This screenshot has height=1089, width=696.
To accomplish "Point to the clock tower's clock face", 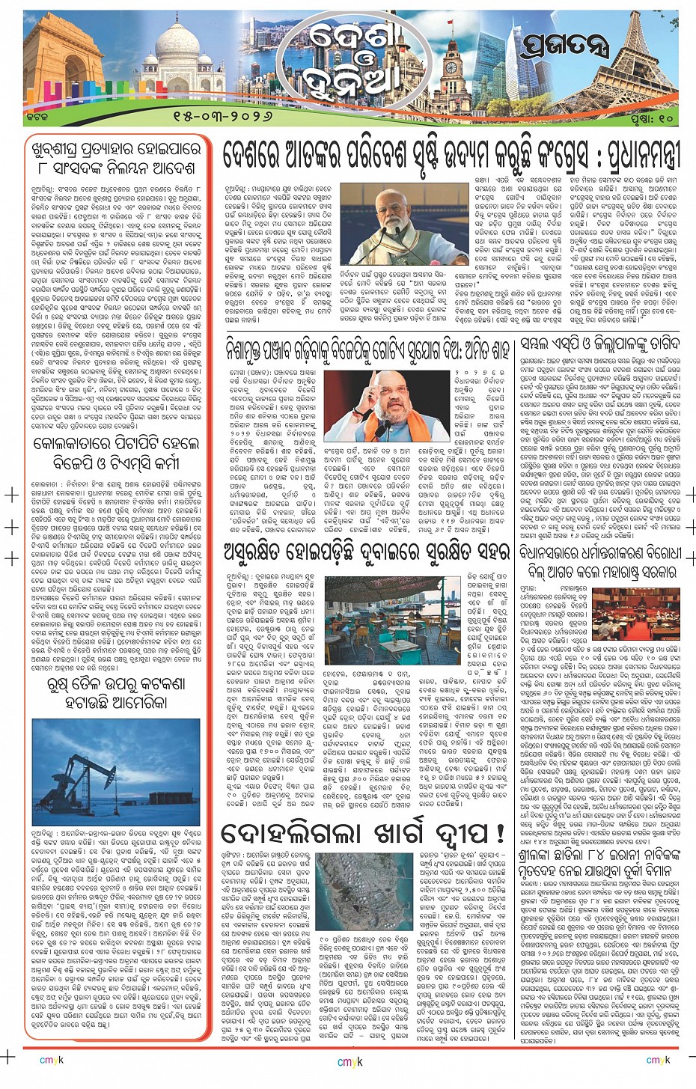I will (x=451, y=67).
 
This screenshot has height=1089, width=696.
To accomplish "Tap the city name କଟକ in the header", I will (x=35, y=118).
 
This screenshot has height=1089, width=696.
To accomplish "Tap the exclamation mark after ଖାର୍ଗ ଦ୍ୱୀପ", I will (x=500, y=833).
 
